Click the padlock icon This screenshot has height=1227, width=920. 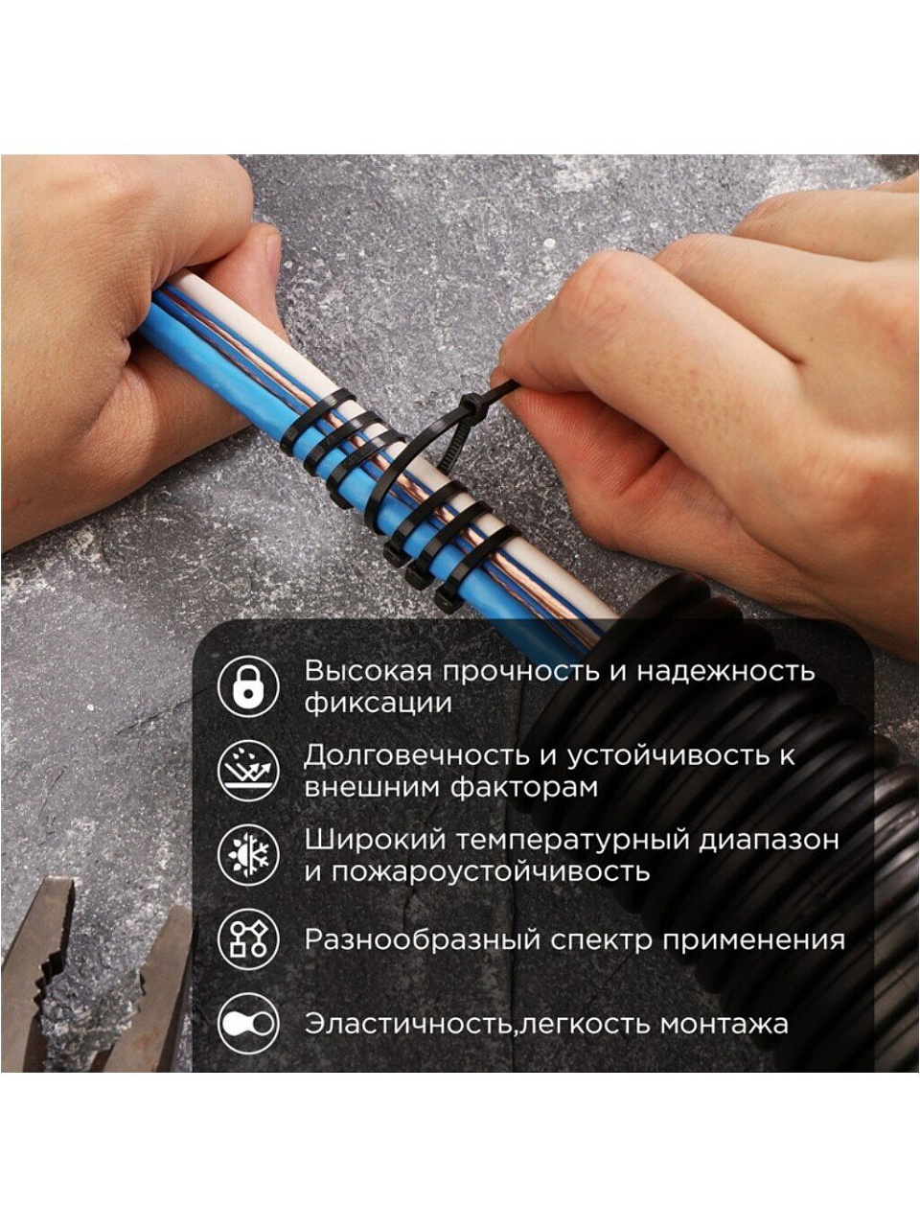(x=248, y=686)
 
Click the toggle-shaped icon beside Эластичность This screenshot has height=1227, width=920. (x=248, y=1024)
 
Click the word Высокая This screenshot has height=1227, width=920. (x=369, y=671)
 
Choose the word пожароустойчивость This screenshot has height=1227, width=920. (x=491, y=872)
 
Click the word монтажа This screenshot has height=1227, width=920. (x=724, y=1025)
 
